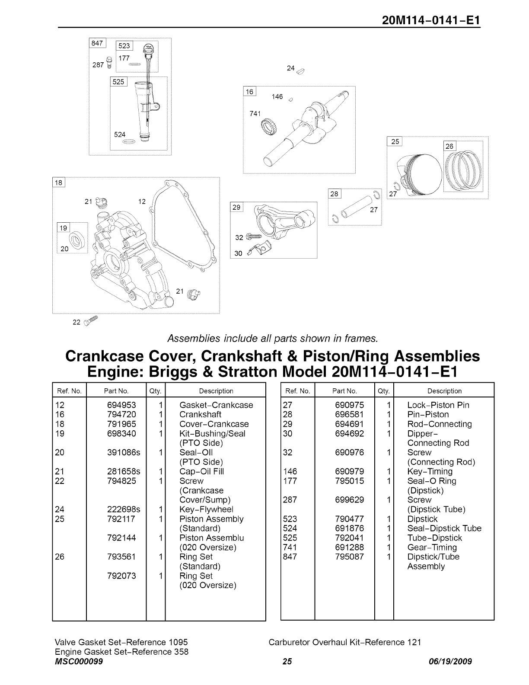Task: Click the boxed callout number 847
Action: click(x=97, y=43)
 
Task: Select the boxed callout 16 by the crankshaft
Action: click(x=250, y=91)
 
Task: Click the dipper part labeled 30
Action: click(x=260, y=250)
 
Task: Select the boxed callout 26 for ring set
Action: click(x=450, y=146)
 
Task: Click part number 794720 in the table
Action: click(x=121, y=414)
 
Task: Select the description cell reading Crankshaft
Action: click(x=200, y=414)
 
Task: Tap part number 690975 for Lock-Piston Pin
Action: click(x=349, y=405)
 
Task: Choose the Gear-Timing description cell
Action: click(x=432, y=547)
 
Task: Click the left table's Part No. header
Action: click(x=116, y=391)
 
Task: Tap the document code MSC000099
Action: click(x=79, y=662)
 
